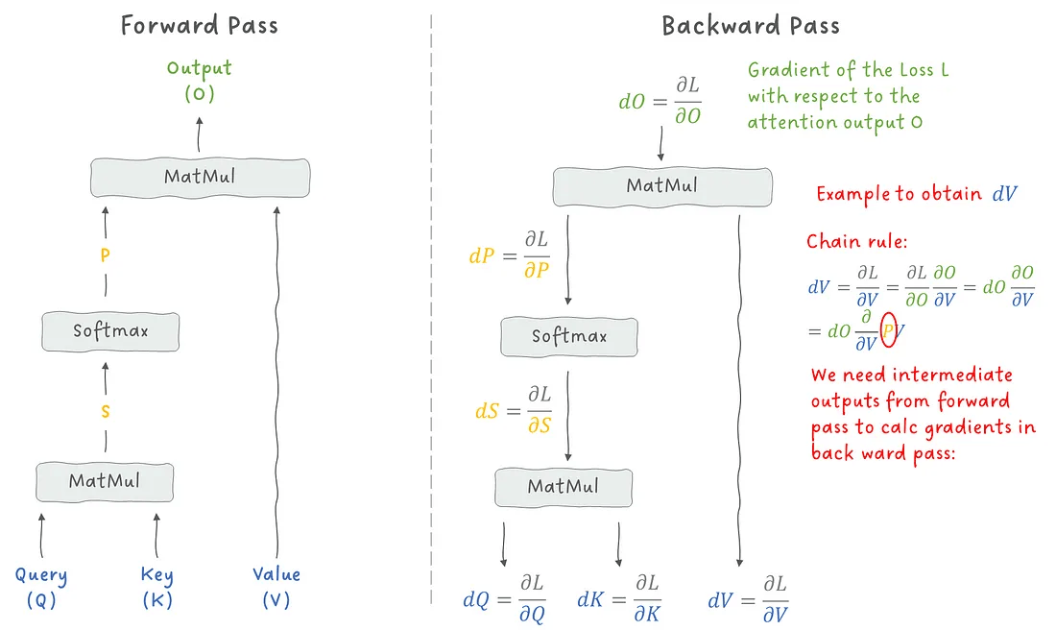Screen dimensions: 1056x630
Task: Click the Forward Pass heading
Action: click(x=200, y=26)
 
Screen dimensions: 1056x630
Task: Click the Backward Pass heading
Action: click(x=751, y=26)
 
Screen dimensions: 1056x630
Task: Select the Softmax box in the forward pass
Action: click(x=110, y=331)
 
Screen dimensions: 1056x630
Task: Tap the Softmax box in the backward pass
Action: click(x=569, y=337)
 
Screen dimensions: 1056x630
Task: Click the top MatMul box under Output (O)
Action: click(x=200, y=178)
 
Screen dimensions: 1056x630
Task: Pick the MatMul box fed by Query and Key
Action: click(x=105, y=482)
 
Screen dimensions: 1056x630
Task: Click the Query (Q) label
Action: click(x=41, y=587)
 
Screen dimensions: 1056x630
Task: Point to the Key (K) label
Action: click(x=156, y=587)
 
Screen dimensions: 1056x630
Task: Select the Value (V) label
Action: click(x=276, y=587)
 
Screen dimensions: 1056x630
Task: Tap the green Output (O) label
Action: click(x=200, y=80)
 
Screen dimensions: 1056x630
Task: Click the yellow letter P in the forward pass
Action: click(x=105, y=255)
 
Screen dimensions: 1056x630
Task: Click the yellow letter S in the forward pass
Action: click(x=105, y=411)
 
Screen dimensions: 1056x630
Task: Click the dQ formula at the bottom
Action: click(x=504, y=598)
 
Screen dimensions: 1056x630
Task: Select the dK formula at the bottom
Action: click(x=619, y=598)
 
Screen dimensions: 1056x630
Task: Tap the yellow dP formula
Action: click(x=510, y=254)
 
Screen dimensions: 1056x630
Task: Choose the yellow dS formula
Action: click(x=514, y=410)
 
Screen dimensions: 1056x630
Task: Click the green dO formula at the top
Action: click(x=660, y=101)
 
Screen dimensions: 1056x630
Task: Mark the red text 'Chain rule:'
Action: click(x=857, y=241)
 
